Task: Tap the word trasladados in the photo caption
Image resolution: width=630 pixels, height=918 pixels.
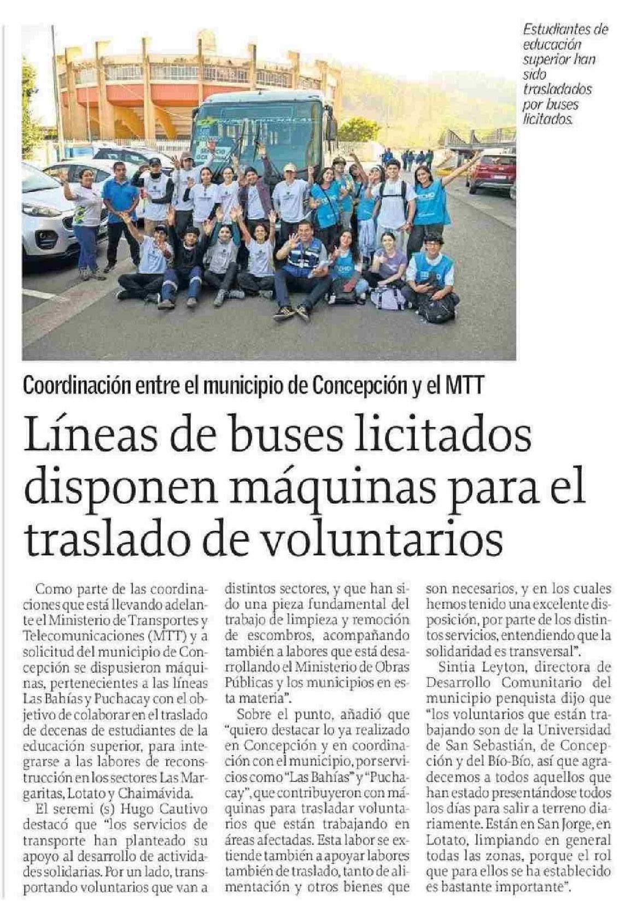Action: click(x=557, y=89)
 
